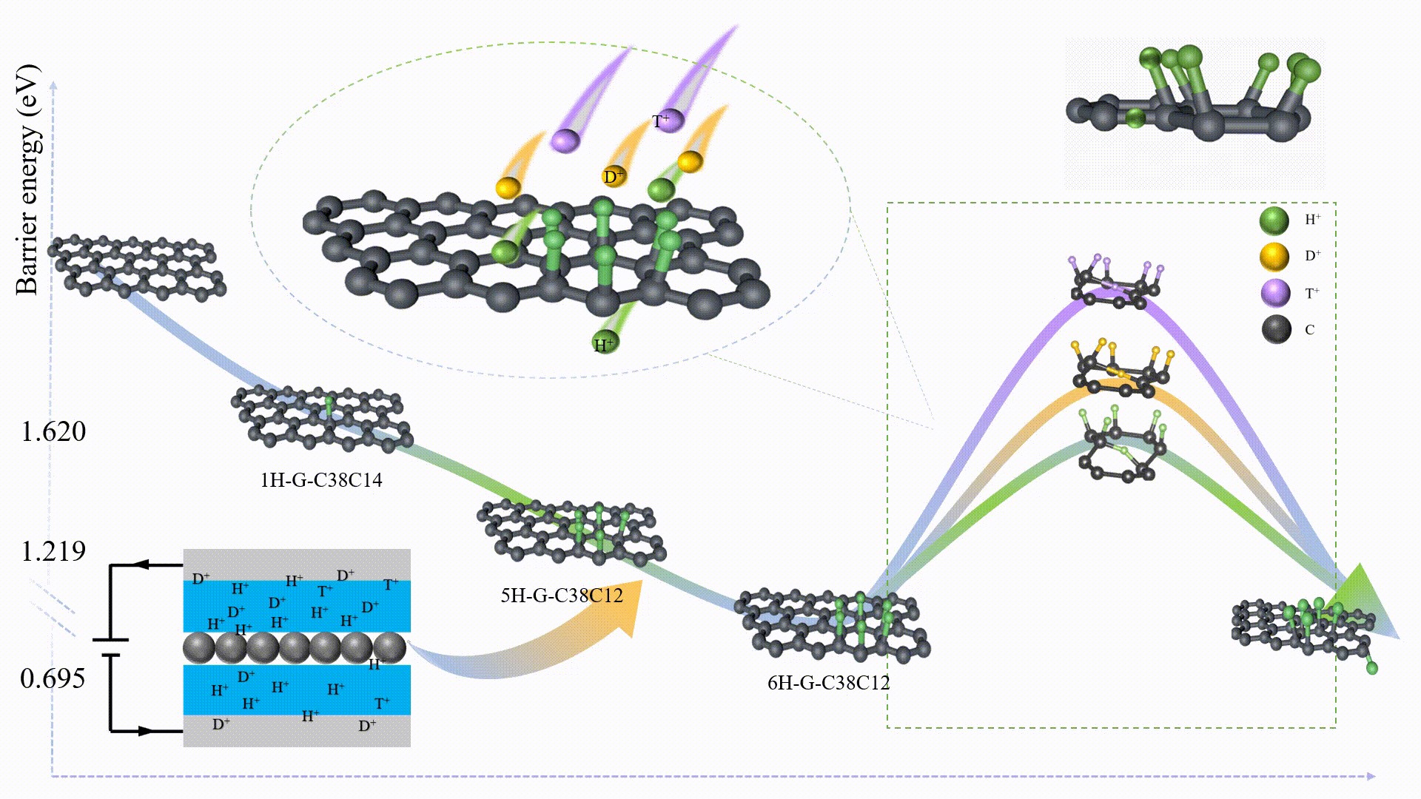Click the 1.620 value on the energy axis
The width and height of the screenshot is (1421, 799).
[x=53, y=431]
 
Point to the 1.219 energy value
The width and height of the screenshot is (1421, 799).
[x=53, y=551]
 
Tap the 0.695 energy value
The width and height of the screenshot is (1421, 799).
[x=53, y=678]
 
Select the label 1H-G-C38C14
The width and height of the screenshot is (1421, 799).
[x=321, y=480]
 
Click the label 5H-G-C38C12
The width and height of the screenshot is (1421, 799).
[x=562, y=596]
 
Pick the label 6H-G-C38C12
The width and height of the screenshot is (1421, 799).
[x=828, y=682]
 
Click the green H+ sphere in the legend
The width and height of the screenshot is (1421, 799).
[x=1274, y=220]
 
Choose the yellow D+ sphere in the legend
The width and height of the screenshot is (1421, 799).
[x=1274, y=257]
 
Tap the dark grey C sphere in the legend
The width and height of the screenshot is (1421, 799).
[x=1276, y=329]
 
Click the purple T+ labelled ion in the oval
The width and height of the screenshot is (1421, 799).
[x=668, y=120]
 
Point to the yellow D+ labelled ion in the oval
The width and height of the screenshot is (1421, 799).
[x=614, y=176]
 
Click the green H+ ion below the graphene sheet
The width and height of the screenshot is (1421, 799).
[x=605, y=343]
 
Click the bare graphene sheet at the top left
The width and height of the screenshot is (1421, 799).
[x=137, y=266]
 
